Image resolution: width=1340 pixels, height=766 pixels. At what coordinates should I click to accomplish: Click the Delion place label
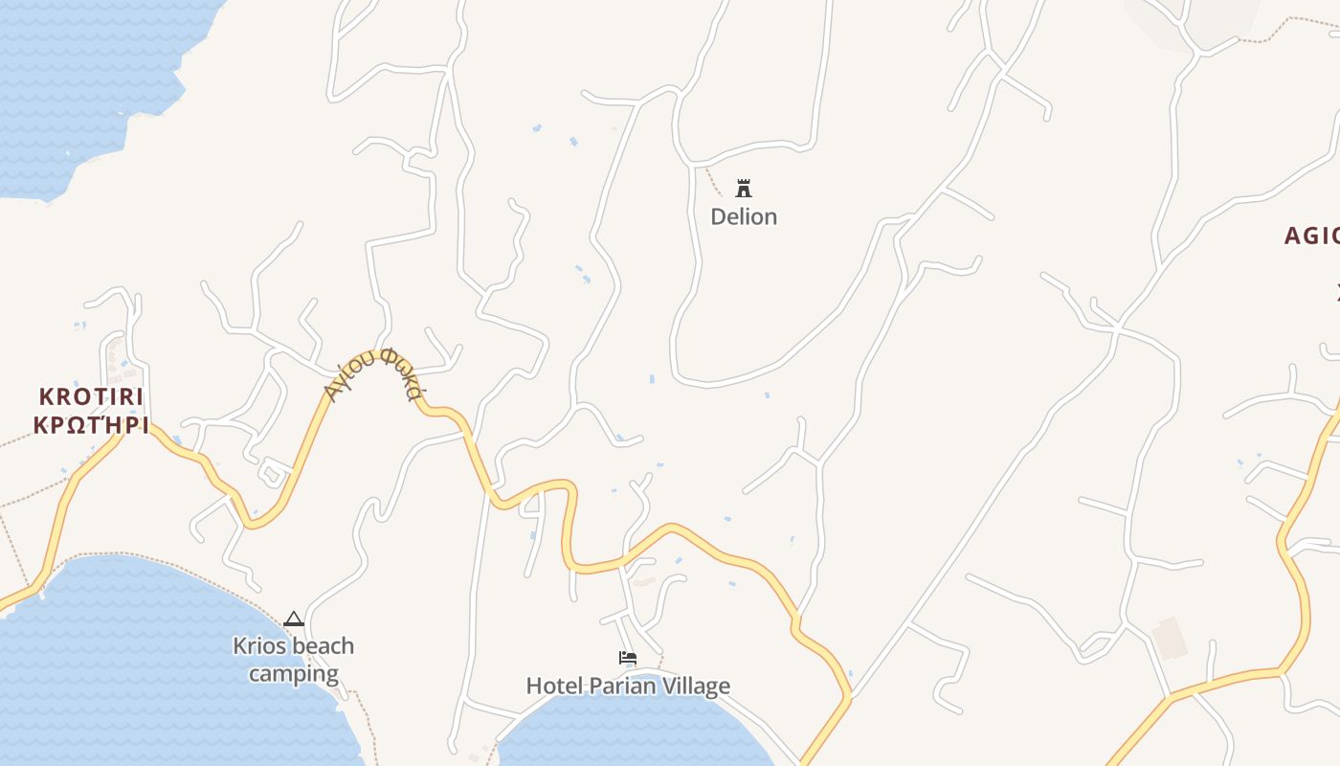[744, 216]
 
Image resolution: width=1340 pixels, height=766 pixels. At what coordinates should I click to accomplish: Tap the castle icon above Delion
[744, 188]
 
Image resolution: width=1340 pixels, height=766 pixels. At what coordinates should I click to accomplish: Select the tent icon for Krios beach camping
[293, 619]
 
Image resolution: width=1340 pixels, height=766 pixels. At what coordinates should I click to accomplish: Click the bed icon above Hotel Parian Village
[628, 658]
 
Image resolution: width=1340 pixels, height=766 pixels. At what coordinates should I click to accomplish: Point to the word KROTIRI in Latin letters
[91, 396]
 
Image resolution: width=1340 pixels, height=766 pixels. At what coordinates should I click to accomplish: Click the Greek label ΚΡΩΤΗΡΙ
[91, 425]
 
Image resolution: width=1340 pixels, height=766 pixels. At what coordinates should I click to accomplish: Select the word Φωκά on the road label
[400, 373]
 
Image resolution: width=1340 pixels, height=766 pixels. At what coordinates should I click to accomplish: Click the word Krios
[258, 646]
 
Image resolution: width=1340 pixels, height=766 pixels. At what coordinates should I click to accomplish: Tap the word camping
[294, 674]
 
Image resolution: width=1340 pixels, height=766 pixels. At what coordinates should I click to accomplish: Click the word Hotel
[555, 686]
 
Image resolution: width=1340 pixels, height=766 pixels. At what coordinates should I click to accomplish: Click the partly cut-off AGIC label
[1311, 236]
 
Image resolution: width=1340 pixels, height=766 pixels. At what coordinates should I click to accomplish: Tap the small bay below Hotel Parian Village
[632, 732]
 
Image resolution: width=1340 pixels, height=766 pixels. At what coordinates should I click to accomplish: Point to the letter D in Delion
[719, 216]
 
